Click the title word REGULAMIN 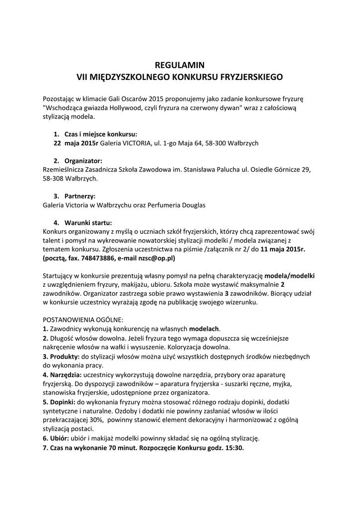(180, 65)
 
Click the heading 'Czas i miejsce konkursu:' (101, 134)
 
